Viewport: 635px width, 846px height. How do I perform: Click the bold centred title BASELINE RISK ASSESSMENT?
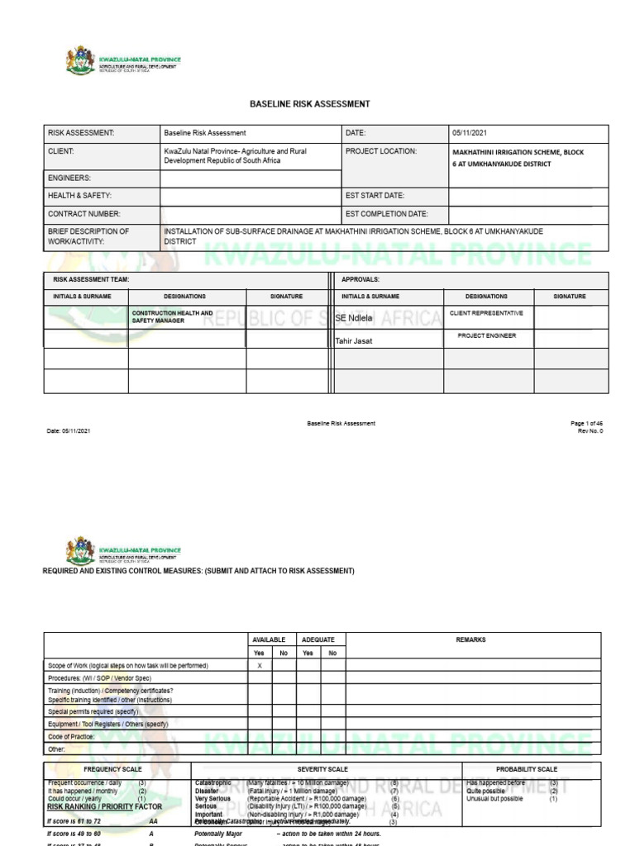pyautogui.click(x=309, y=104)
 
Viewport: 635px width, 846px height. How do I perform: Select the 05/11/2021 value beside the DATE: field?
pyautogui.click(x=472, y=133)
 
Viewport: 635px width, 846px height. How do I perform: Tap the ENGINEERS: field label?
pyautogui.click(x=69, y=178)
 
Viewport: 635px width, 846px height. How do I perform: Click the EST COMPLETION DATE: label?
pyautogui.click(x=386, y=213)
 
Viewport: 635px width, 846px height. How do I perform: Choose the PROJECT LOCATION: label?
pyautogui.click(x=381, y=151)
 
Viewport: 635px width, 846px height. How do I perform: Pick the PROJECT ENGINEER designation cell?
pyautogui.click(x=486, y=336)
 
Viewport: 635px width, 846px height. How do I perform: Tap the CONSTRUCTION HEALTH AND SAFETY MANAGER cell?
pyautogui.click(x=172, y=317)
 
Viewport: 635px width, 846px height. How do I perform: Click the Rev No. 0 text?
pyautogui.click(x=590, y=431)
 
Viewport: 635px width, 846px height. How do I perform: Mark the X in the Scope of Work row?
pyautogui.click(x=260, y=665)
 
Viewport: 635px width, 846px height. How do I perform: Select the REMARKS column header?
pyautogui.click(x=470, y=639)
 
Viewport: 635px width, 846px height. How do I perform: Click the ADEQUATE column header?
pyautogui.click(x=318, y=639)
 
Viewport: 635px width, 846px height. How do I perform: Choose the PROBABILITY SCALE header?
pyautogui.click(x=527, y=769)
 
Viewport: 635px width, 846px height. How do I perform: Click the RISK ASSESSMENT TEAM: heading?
pyautogui.click(x=88, y=280)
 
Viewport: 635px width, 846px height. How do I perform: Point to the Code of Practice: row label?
pyautogui.click(x=71, y=735)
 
